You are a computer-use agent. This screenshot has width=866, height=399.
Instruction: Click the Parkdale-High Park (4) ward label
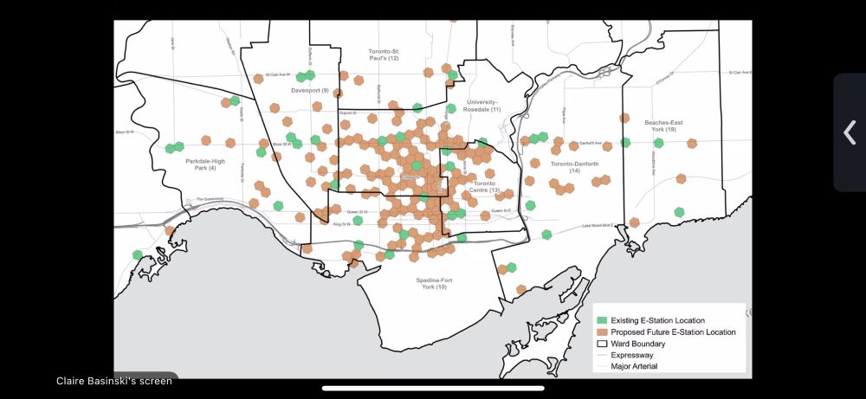[200, 164]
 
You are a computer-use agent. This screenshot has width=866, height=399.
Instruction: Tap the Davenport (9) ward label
[309, 90]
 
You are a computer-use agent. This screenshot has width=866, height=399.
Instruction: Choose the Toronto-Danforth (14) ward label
[574, 167]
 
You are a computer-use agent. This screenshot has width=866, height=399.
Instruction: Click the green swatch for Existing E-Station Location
[601, 320]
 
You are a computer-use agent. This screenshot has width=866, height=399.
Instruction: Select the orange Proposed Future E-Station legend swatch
[601, 332]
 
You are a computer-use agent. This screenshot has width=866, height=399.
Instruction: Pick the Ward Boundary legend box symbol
[601, 344]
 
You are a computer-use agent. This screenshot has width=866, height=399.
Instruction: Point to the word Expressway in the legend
[632, 355]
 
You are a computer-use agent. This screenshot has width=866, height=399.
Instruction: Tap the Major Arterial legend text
[636, 367]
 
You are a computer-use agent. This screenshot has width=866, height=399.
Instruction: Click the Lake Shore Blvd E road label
[598, 226]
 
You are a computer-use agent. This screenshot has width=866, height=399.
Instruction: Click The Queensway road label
[210, 199]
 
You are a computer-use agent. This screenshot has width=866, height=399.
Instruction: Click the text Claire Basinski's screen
[113, 381]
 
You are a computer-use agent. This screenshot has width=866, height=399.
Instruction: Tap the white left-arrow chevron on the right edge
[850, 132]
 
